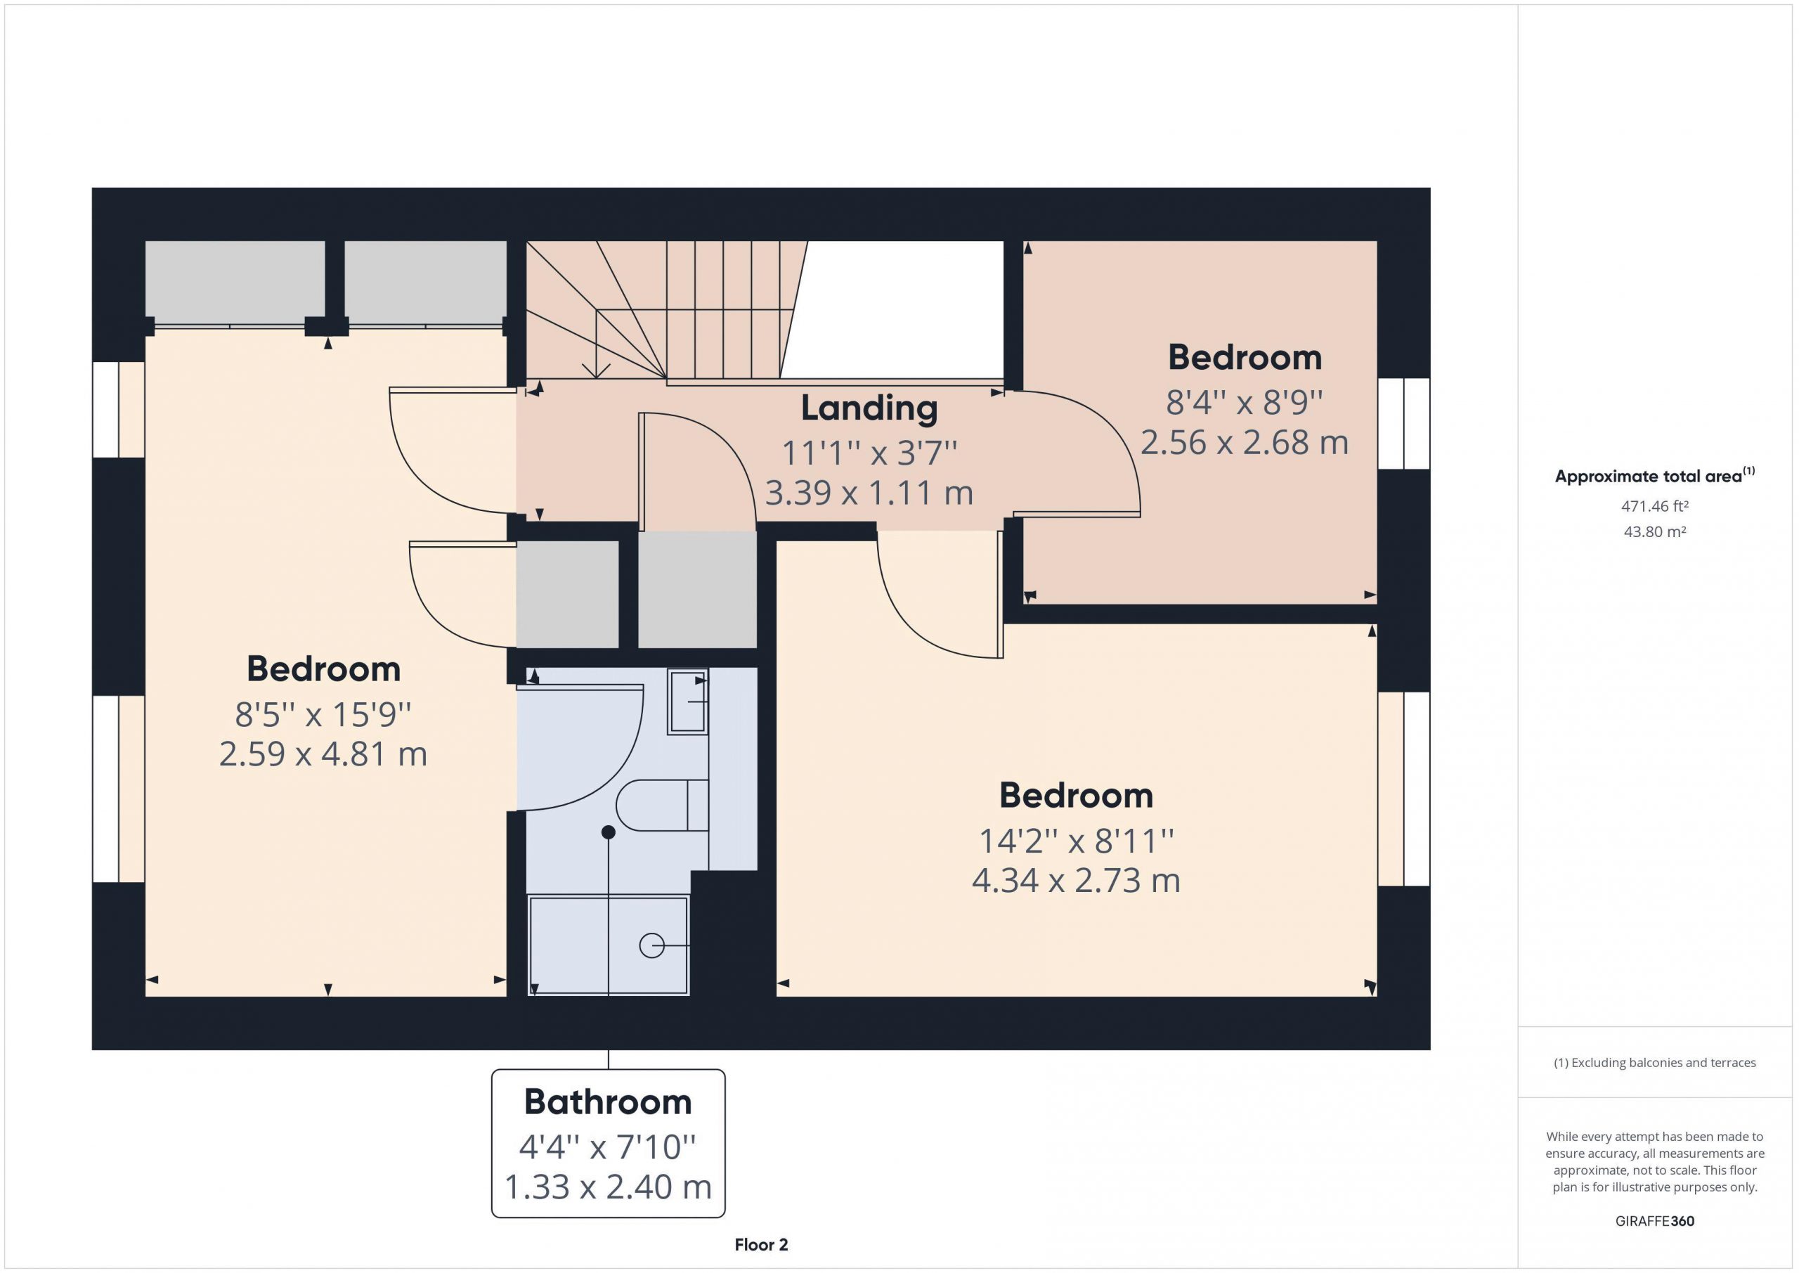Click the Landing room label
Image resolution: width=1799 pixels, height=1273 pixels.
coord(869,409)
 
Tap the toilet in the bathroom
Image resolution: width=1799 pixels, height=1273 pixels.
coord(662,805)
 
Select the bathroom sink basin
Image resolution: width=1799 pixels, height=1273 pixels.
coord(687,702)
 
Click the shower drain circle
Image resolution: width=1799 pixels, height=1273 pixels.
coord(652,946)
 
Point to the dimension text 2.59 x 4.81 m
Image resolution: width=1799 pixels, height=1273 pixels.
coord(323,754)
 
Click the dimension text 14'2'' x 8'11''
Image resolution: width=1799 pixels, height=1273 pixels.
coord(1077,841)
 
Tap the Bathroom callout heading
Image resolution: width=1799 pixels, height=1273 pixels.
coord(608,1102)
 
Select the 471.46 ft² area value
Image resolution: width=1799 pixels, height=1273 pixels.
coord(1654,506)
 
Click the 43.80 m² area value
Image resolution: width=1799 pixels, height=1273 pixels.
coord(1654,531)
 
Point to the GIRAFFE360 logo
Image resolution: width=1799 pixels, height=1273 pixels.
coord(1654,1220)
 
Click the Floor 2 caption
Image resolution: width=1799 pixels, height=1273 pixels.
coord(761,1245)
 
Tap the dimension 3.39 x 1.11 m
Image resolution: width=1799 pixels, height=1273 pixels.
coord(869,493)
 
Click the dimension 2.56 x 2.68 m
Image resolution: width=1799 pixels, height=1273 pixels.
coord(1245,443)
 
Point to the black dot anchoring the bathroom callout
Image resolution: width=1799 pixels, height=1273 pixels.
coord(608,832)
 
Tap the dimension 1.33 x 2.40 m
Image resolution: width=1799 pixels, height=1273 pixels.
coord(608,1187)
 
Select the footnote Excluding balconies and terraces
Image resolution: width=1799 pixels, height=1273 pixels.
coord(1655,1063)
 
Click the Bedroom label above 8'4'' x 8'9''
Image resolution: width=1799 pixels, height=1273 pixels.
coord(1245,358)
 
